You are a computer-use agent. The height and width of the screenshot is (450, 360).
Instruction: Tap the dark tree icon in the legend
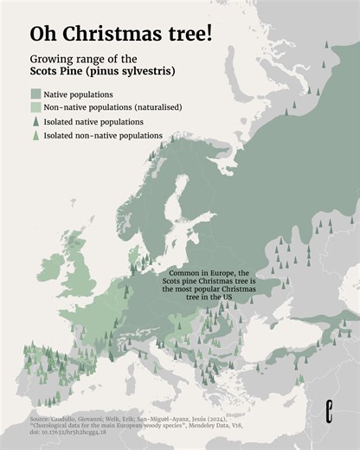click(35, 122)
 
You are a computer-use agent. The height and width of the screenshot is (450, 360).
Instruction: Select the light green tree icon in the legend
click(35, 136)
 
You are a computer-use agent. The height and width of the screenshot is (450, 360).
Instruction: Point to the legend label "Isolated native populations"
click(93, 122)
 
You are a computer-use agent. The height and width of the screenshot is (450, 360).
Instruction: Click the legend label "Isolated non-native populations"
click(103, 136)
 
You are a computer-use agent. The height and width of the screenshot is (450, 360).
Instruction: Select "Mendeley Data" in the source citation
click(227, 425)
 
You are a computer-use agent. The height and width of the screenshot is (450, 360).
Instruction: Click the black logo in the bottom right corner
click(329, 414)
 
